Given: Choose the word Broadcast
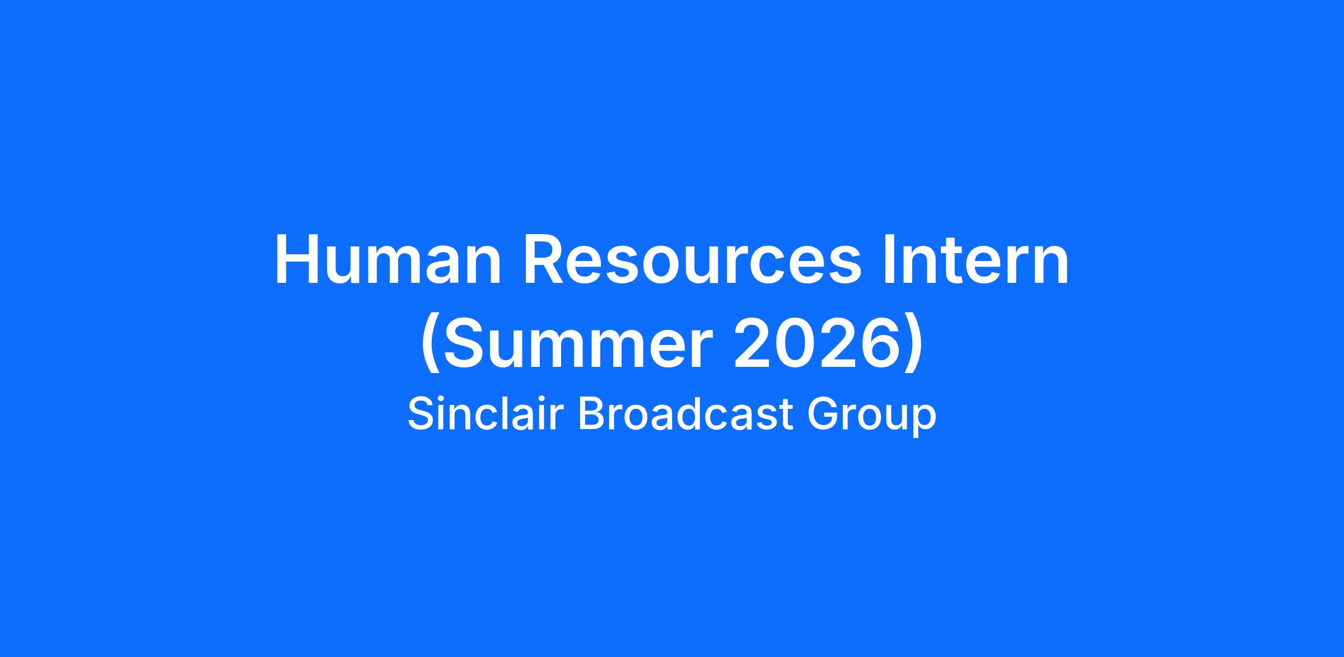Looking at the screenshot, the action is (686, 414).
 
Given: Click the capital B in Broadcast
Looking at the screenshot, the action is (592, 414).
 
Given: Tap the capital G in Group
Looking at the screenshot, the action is (824, 414).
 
